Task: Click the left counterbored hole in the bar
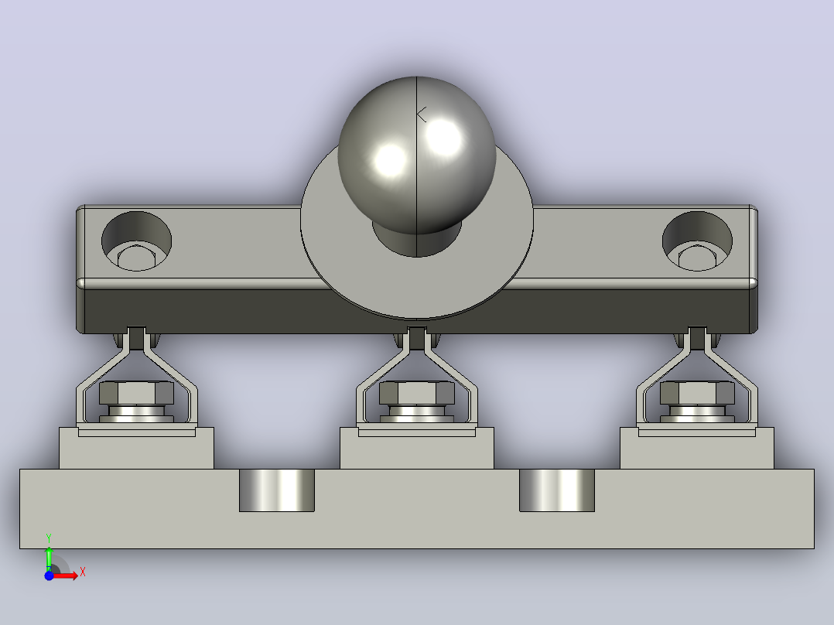click(x=137, y=241)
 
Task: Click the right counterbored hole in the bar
click(x=697, y=241)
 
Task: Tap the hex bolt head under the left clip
click(x=137, y=393)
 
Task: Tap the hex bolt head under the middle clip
click(x=417, y=393)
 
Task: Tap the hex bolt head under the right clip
click(x=697, y=393)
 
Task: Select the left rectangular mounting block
click(x=137, y=449)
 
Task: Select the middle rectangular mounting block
click(x=417, y=449)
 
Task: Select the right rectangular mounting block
click(x=697, y=449)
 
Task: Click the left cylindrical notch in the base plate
click(x=277, y=490)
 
